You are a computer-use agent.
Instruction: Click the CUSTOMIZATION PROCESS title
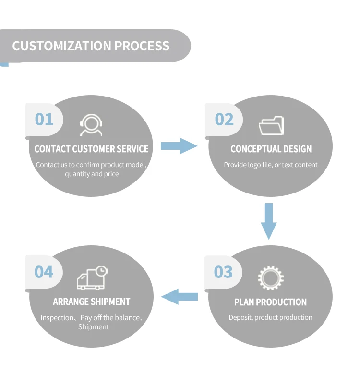(x=91, y=46)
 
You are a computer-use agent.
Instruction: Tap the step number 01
(x=44, y=119)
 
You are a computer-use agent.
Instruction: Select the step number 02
(x=224, y=119)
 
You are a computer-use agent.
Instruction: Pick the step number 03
(x=223, y=272)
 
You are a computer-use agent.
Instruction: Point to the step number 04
(x=44, y=272)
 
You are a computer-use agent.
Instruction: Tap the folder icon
(x=271, y=125)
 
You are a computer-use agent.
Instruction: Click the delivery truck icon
(x=91, y=278)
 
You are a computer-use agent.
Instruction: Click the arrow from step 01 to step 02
(x=179, y=145)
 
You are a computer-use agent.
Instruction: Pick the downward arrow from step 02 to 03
(x=269, y=221)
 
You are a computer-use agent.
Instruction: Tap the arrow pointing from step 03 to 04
(x=179, y=297)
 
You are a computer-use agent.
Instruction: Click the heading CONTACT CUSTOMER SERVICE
(x=91, y=149)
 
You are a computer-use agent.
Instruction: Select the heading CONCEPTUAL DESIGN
(x=271, y=149)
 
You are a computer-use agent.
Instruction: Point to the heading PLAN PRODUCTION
(x=270, y=302)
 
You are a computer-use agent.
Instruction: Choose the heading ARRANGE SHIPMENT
(x=91, y=302)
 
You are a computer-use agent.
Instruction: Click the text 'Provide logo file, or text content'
(x=271, y=165)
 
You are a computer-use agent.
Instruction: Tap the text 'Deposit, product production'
(x=270, y=317)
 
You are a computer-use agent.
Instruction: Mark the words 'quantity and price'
(x=92, y=174)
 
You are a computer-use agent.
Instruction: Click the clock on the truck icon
(x=101, y=271)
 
